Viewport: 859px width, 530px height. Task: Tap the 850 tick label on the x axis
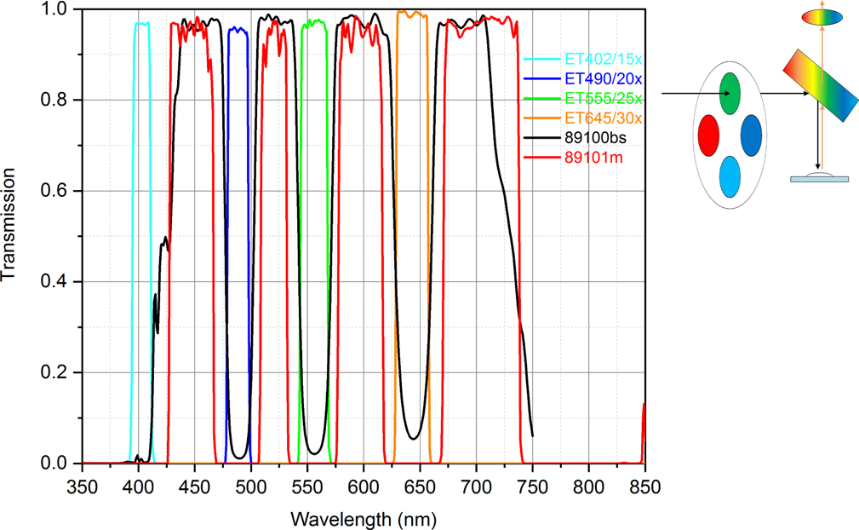(x=644, y=481)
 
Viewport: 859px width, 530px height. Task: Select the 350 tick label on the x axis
(x=82, y=481)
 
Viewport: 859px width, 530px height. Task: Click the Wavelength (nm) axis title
(x=364, y=516)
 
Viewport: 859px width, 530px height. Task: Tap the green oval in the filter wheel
(x=730, y=93)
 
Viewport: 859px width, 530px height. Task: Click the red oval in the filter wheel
(x=708, y=135)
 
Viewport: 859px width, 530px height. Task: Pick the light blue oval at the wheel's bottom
(x=730, y=176)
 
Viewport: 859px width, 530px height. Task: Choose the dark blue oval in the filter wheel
(x=751, y=135)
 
